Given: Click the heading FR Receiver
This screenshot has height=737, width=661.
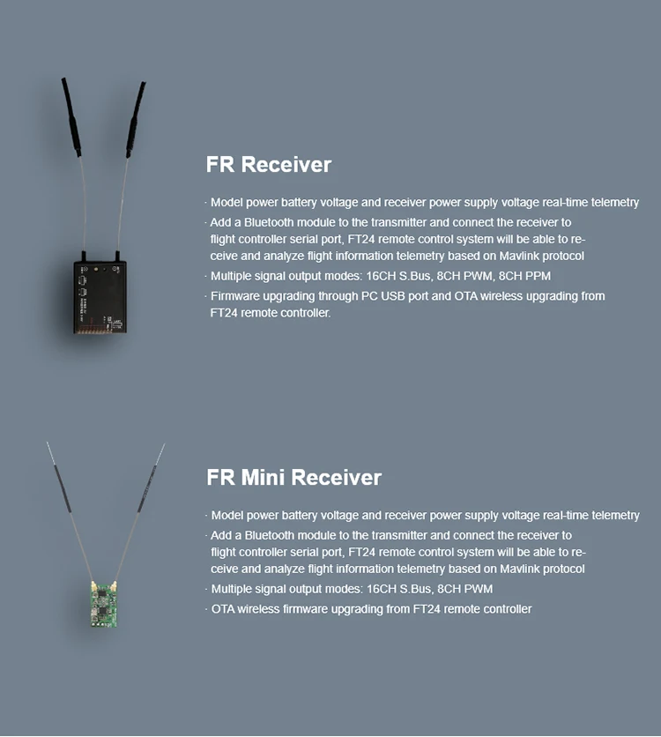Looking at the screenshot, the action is pos(269,165).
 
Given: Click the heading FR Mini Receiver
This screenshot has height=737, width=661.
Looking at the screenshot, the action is pos(293,478).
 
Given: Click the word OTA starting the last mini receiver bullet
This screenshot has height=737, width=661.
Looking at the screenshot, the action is pos(223,609).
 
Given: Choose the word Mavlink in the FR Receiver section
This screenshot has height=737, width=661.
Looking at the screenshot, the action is pos(509,256).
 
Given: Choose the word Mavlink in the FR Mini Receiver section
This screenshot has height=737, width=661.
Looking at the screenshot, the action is pos(509,569).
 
